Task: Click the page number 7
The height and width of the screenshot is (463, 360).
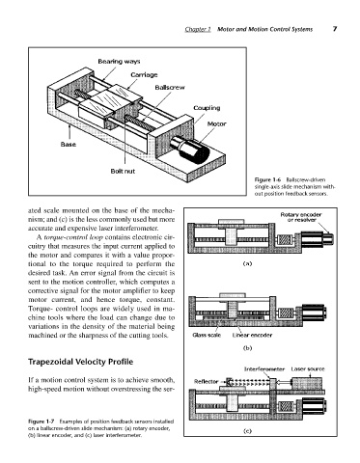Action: (335, 29)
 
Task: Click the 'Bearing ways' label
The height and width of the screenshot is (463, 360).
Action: (119, 62)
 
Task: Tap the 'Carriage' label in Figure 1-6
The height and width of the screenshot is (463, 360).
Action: (144, 75)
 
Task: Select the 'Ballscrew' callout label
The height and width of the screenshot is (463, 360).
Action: (170, 88)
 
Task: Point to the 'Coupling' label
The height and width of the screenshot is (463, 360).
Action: (207, 108)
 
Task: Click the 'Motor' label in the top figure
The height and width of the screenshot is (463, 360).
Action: (216, 123)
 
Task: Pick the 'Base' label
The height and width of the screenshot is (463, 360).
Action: (69, 145)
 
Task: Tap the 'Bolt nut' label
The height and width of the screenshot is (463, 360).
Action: (123, 171)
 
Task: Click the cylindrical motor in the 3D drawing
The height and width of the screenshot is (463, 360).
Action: (190, 150)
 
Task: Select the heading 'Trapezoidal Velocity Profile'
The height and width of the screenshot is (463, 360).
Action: (81, 362)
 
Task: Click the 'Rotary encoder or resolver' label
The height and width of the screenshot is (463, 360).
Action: (301, 217)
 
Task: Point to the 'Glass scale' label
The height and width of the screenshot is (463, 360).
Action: (207, 335)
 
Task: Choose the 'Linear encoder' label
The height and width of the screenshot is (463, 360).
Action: (252, 335)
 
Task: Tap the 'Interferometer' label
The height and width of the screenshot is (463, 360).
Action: (264, 369)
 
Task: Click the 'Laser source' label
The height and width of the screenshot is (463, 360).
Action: (308, 369)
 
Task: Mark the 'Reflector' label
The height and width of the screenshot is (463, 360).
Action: (206, 382)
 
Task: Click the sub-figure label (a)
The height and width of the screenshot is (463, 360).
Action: (247, 263)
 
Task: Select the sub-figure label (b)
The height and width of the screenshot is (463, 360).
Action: (247, 348)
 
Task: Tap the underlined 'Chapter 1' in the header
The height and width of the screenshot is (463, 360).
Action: (198, 29)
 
